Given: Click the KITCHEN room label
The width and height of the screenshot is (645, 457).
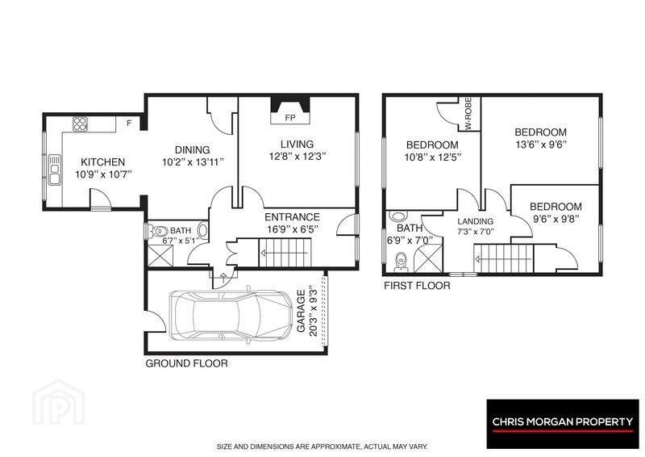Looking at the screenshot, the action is point(102,162).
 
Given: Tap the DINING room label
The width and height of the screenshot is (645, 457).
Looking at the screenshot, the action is point(193,150).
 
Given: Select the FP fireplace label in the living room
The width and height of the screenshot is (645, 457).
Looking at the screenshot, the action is point(290,118).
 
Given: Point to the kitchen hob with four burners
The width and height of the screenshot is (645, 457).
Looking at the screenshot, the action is point(80,124).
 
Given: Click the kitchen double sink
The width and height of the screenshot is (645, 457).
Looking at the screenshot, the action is point(54,170).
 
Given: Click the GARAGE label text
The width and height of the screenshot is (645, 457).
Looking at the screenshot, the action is point(301,311).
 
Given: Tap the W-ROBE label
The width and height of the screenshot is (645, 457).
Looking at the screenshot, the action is point(468,114).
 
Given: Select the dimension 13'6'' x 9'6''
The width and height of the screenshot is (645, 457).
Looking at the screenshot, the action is point(540,145).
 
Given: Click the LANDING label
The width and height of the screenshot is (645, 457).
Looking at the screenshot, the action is point(475,221).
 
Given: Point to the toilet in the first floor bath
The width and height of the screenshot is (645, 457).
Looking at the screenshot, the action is point(401,262).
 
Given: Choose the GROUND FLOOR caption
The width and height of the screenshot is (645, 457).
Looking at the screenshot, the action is point(186,363).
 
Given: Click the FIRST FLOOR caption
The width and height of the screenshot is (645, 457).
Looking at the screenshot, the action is point(417,285).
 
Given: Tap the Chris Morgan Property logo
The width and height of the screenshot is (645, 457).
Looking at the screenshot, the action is point(563,424).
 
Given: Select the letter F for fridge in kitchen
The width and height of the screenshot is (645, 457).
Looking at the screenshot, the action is point(129,123).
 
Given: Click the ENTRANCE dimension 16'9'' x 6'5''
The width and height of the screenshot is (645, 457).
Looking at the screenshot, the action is point(293,229).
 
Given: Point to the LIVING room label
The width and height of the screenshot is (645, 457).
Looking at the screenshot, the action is point(297,145).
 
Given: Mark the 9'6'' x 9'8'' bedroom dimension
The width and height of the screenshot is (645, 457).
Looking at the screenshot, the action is point(556,219).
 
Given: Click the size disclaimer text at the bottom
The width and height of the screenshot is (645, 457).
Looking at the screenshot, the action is point(323,447).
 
